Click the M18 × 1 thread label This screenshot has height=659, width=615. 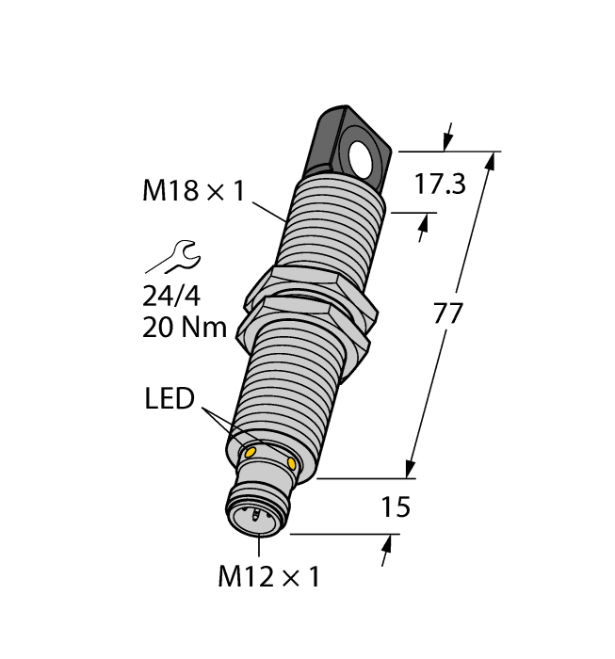tap(193, 191)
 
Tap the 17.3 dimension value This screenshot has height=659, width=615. tap(440, 185)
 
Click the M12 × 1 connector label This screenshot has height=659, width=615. tap(268, 576)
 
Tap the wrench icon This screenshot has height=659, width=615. tap(173, 256)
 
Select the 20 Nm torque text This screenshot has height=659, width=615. tap(183, 328)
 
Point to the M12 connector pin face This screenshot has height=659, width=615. tap(251, 516)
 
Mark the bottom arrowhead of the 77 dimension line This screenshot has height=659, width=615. tap(411, 470)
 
